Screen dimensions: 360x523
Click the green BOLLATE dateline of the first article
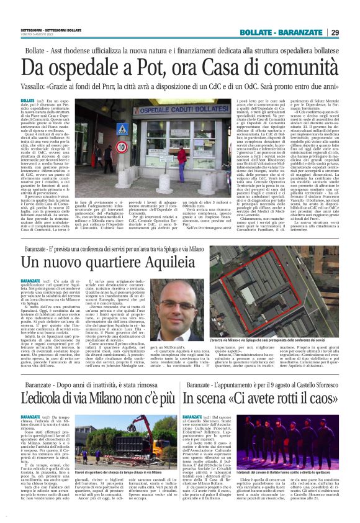(x=27, y=101)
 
